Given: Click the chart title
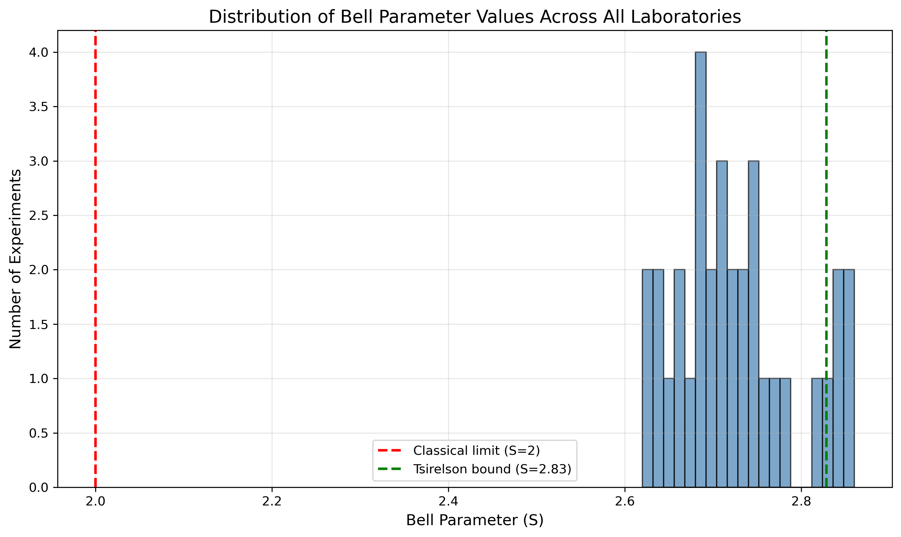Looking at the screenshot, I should (475, 17).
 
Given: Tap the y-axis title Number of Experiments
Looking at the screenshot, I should (15, 259).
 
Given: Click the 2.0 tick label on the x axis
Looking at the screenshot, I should (95, 502).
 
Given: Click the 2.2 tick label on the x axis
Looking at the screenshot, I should (272, 502).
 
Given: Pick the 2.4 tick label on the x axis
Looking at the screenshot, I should (448, 502).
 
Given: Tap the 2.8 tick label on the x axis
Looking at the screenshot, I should (801, 502).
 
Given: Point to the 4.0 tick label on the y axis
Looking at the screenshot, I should (39, 52).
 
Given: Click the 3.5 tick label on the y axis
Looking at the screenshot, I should (39, 107).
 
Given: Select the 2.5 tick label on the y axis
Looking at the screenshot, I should (39, 216).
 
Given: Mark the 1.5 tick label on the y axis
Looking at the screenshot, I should (39, 324).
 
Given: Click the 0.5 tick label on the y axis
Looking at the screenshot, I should (39, 433).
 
